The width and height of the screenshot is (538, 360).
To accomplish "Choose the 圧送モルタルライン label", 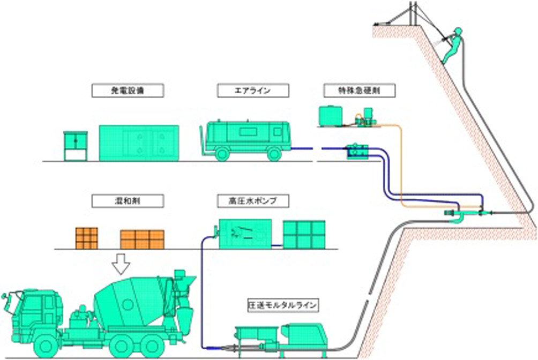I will [x=282, y=305].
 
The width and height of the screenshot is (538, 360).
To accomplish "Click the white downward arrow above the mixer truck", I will [x=123, y=263].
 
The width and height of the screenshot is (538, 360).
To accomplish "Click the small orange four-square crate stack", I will [x=86, y=237].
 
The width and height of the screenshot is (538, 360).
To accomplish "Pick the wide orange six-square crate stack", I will [x=141, y=239].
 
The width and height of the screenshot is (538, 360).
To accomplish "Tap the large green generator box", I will [x=139, y=142].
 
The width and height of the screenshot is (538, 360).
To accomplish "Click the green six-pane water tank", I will [x=303, y=234].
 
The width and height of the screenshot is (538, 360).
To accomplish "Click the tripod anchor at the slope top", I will [x=411, y=16].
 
